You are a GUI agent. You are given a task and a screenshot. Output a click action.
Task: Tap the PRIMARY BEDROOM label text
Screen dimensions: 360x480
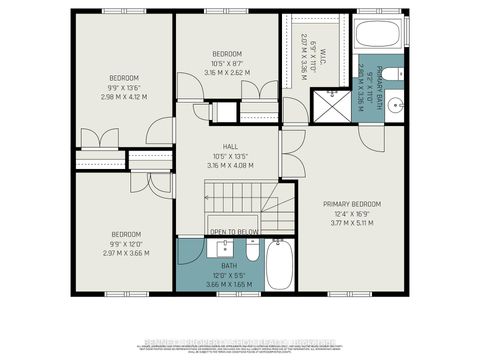click(x=351, y=203)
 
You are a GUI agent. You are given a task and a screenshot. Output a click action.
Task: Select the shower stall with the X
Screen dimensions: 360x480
click(x=327, y=106)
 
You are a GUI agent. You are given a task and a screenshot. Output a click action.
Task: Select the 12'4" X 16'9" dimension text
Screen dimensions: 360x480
click(x=351, y=213)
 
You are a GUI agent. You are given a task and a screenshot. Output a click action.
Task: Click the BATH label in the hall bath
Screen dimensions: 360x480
click(x=229, y=266)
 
